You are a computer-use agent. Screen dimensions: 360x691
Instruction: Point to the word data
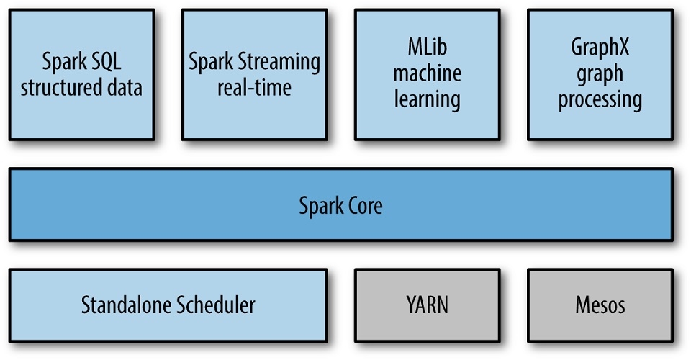tap(123, 89)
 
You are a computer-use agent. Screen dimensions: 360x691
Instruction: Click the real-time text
tap(254, 89)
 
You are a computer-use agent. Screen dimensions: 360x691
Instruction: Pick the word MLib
tap(427, 48)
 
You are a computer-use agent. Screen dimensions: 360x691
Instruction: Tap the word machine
tap(427, 73)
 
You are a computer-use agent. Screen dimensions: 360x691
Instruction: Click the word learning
tap(427, 99)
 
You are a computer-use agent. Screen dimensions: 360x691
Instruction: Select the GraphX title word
tap(600, 48)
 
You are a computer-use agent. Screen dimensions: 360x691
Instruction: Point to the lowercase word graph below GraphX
tap(600, 74)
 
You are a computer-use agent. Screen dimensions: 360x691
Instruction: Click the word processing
tap(600, 99)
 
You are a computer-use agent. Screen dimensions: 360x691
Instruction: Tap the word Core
tap(362, 206)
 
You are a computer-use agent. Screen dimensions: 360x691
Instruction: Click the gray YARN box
tap(427, 305)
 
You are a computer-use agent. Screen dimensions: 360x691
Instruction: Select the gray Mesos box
tap(600, 305)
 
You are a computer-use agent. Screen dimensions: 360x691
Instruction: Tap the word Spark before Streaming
tap(210, 63)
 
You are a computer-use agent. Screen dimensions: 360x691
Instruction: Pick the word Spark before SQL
tap(64, 63)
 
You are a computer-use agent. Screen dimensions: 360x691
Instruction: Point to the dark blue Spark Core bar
tap(504, 206)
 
